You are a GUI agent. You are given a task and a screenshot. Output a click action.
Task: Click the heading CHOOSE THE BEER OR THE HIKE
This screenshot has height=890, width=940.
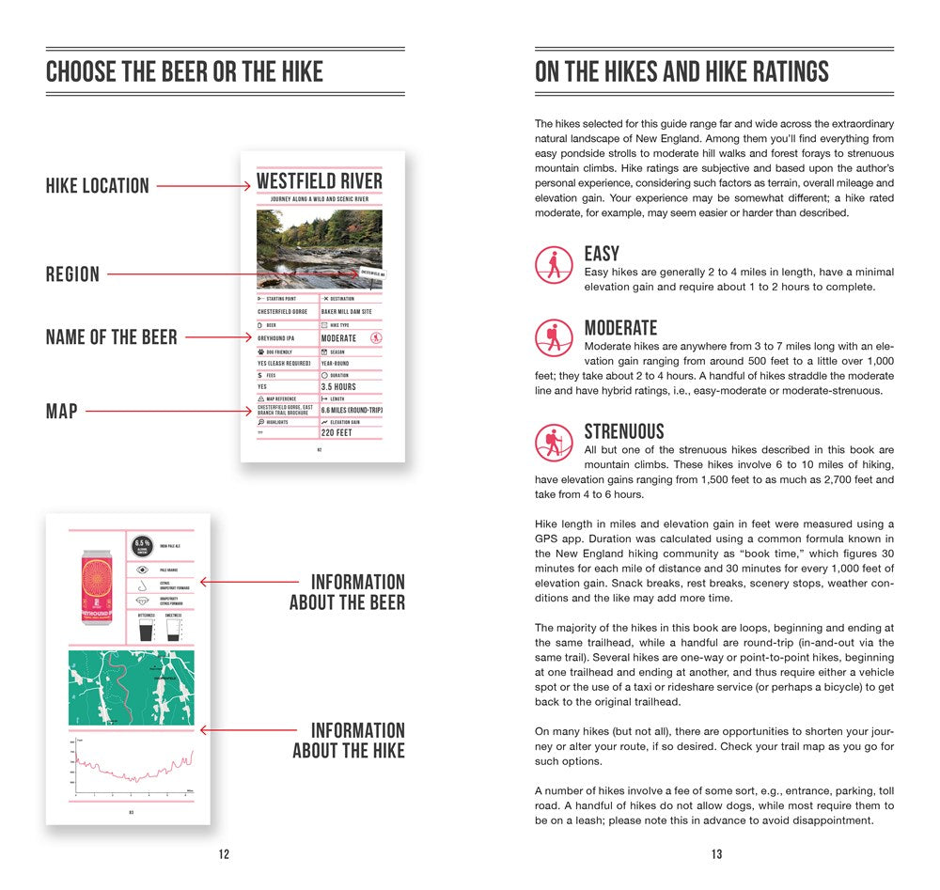(x=184, y=71)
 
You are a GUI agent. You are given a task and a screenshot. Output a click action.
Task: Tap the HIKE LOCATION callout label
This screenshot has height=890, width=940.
(x=98, y=186)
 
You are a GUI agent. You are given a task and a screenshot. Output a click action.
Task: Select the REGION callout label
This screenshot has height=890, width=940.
(x=72, y=274)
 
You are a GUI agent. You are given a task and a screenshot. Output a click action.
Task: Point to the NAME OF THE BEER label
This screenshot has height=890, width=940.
(x=112, y=336)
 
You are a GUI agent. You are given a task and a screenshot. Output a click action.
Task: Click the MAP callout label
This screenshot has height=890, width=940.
(x=62, y=411)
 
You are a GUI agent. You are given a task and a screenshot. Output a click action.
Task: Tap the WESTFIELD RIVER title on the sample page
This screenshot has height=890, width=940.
(x=320, y=181)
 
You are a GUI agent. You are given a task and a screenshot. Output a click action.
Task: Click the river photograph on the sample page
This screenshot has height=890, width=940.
(x=320, y=248)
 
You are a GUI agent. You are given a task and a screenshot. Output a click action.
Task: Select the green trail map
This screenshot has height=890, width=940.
(x=131, y=687)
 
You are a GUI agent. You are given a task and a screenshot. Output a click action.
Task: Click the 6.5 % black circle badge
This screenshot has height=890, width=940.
(x=143, y=546)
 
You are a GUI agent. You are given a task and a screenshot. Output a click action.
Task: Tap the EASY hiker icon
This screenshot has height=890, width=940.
(x=554, y=265)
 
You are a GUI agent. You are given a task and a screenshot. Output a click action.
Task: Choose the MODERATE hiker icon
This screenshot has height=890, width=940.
(x=554, y=337)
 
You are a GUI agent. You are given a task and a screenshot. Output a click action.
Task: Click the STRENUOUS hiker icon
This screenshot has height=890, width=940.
(x=554, y=442)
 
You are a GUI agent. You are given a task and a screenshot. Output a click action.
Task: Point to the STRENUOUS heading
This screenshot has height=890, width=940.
(x=624, y=431)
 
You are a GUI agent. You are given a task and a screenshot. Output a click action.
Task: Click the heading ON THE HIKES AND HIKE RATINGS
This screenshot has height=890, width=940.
(x=681, y=71)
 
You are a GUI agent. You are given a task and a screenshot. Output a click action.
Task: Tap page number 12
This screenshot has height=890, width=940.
(x=224, y=854)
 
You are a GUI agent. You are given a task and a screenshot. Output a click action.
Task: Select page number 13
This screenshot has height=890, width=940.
(x=716, y=854)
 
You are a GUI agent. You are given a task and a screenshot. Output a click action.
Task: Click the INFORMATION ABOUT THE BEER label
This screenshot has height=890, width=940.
(x=347, y=592)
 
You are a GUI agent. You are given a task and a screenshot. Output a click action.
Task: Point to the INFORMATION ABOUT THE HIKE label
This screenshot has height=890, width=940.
(x=349, y=740)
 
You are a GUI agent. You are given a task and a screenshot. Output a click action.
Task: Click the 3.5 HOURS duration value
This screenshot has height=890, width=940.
(x=338, y=386)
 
